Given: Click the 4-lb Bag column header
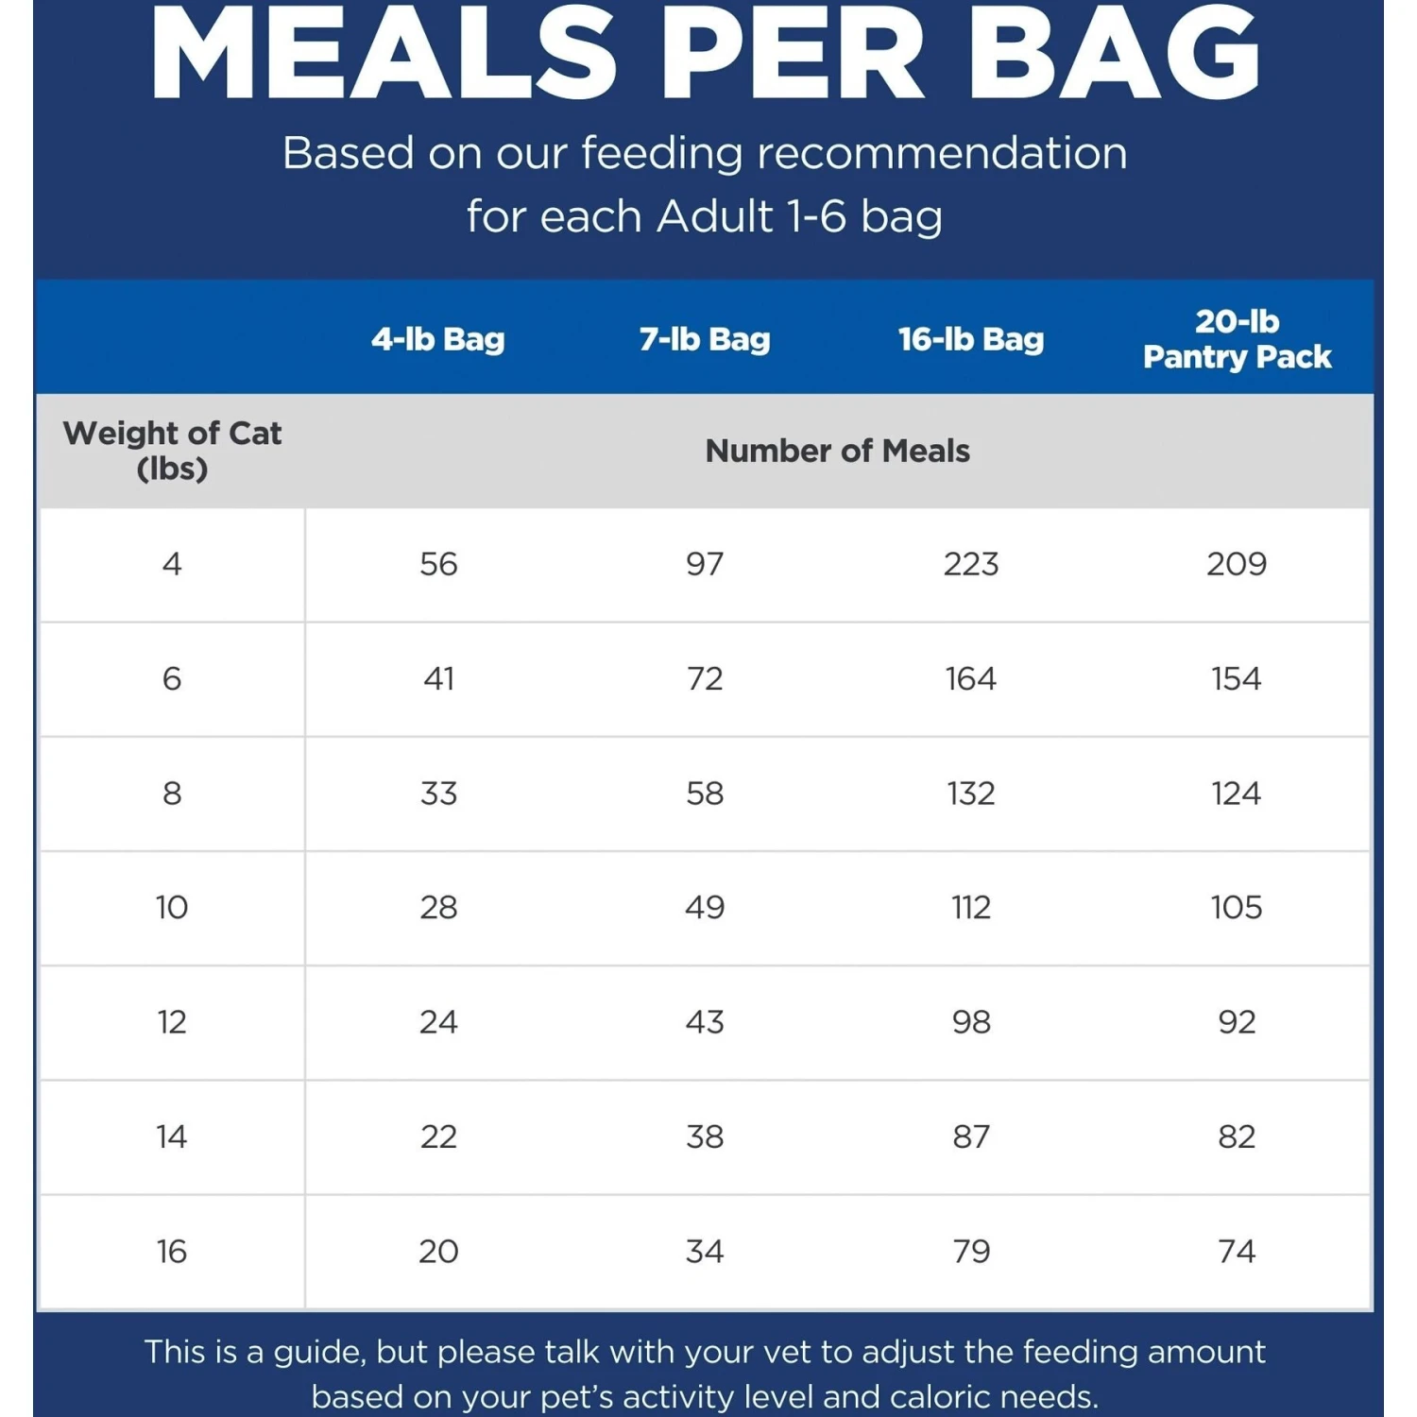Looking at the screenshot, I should point(437,339).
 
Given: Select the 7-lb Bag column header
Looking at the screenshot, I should point(705,339).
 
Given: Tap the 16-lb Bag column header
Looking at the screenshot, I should point(971,339).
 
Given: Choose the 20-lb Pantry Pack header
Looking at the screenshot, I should point(1237,339).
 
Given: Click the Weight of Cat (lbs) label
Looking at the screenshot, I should point(172,451).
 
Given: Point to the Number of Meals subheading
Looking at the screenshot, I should point(837,452).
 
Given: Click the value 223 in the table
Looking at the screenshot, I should point(971,564).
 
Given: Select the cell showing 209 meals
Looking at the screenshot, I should point(1237,564).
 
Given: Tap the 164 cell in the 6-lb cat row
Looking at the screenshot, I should point(971,678).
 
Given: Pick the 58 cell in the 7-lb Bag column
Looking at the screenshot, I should point(705,793).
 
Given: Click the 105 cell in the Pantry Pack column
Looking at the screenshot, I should point(1237,907).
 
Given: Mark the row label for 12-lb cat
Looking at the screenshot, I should point(172,1022).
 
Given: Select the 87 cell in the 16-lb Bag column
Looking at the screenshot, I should point(971,1136).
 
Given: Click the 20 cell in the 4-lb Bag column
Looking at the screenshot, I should point(438,1252).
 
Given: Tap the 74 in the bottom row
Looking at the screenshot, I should point(1237,1252).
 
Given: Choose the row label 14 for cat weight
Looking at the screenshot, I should point(172,1136).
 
